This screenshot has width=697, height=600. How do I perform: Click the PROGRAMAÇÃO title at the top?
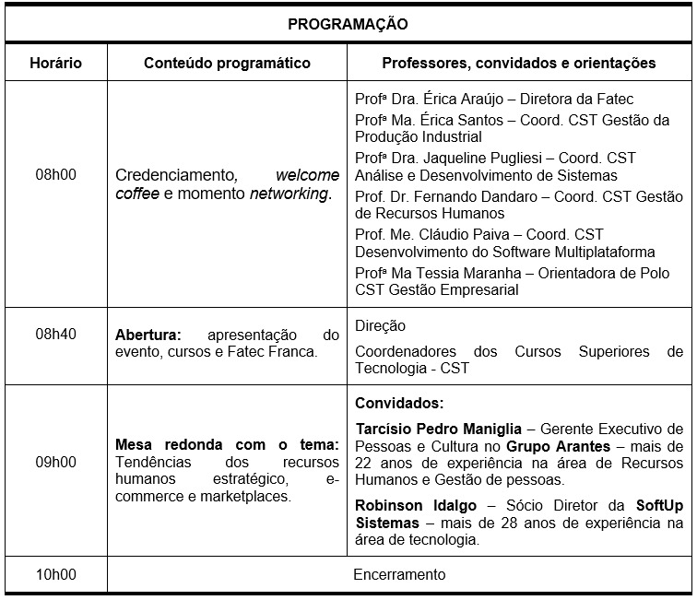coord(348,23)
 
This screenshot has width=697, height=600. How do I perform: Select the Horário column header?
coord(55,64)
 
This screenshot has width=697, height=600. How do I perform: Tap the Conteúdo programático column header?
coord(227,64)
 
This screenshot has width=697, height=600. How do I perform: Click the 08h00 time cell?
coord(55,174)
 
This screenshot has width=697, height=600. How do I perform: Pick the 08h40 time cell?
coord(55,334)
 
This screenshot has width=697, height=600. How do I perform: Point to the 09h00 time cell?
coord(55,462)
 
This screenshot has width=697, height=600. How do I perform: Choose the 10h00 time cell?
coord(55,575)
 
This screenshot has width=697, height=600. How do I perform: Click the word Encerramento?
coord(399,575)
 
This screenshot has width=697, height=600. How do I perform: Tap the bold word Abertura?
coord(148,334)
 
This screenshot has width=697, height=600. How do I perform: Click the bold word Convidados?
coord(398,403)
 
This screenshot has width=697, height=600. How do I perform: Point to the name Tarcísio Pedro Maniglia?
coord(438,429)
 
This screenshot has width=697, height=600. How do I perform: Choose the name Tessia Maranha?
coord(447,274)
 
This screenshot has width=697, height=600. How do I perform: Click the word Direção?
coord(380,325)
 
